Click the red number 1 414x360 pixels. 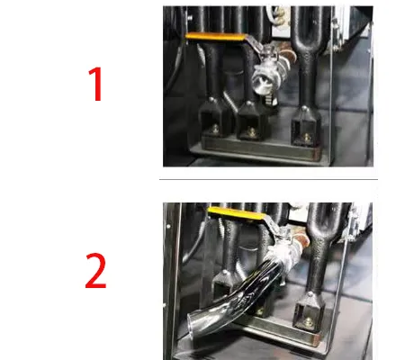click(x=96, y=85)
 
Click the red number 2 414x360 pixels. click(x=95, y=271)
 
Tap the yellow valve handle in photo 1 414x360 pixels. click(x=216, y=37)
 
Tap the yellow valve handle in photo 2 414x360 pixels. click(x=237, y=212)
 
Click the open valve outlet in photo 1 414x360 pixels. click(x=259, y=84)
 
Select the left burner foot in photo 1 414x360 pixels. click(x=212, y=120)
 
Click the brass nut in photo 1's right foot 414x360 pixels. click(x=306, y=138)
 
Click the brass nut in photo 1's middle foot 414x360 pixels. click(x=252, y=132)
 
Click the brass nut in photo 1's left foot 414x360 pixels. click(x=214, y=129)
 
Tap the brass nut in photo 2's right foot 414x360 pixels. click(x=309, y=323)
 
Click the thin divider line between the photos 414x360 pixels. click(x=268, y=179)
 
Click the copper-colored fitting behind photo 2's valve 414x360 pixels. click(x=301, y=240)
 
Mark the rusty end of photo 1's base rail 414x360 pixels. click(x=317, y=153)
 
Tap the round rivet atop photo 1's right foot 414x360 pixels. click(x=305, y=108)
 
